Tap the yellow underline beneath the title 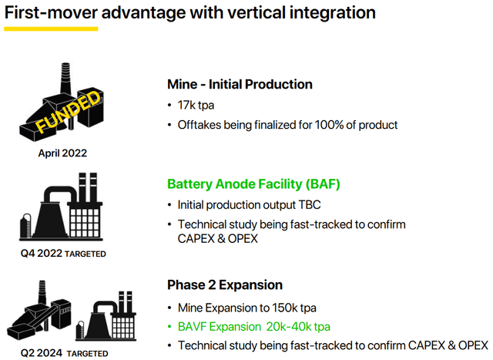(51, 29)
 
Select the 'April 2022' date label (62, 153)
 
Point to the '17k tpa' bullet (203, 104)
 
